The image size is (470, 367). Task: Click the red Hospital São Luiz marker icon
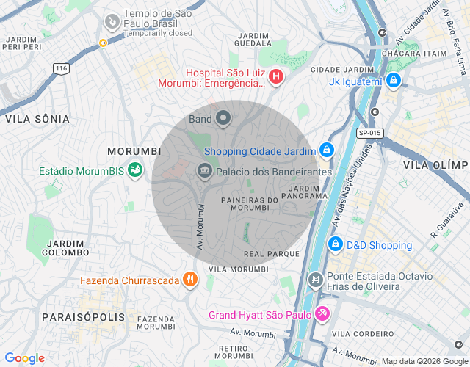click(x=275, y=76)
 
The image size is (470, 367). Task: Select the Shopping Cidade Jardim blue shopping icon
click(x=327, y=151)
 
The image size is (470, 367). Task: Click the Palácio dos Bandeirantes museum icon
click(x=204, y=172)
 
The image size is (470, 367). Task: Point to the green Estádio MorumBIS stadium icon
click(x=134, y=171)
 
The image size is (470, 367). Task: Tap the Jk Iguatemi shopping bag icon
click(x=394, y=80)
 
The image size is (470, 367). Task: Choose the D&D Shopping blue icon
click(x=335, y=244)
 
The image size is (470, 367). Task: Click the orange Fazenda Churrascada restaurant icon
click(x=190, y=280)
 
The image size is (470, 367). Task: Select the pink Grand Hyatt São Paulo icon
click(x=322, y=314)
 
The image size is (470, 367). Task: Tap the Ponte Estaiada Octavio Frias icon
click(x=316, y=280)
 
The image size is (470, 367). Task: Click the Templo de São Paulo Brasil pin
click(x=112, y=22)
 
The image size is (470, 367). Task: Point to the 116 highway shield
click(x=61, y=68)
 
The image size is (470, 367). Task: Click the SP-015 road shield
click(x=370, y=133)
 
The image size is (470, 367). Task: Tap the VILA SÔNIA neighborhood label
click(x=37, y=119)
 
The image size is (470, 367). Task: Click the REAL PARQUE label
click(x=272, y=254)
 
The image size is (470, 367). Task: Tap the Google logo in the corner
click(x=24, y=358)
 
